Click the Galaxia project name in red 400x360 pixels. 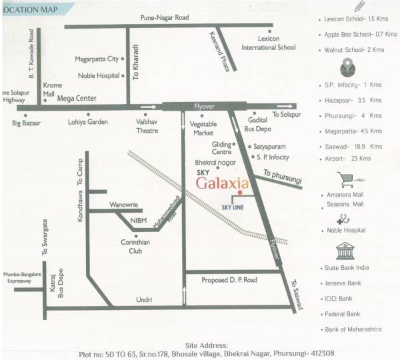pyautogui.click(x=223, y=183)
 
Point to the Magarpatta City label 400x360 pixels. pyautogui.click(x=97, y=59)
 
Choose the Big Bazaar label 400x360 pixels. pyautogui.click(x=27, y=123)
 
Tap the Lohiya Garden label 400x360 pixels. pyautogui.click(x=87, y=123)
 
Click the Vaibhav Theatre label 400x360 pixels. pyautogui.click(x=143, y=127)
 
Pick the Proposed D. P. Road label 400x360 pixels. pyautogui.click(x=229, y=280)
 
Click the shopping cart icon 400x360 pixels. pyautogui.click(x=346, y=179)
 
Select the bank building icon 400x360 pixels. pyautogui.click(x=346, y=253)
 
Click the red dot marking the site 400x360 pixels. pyautogui.click(x=239, y=193)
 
